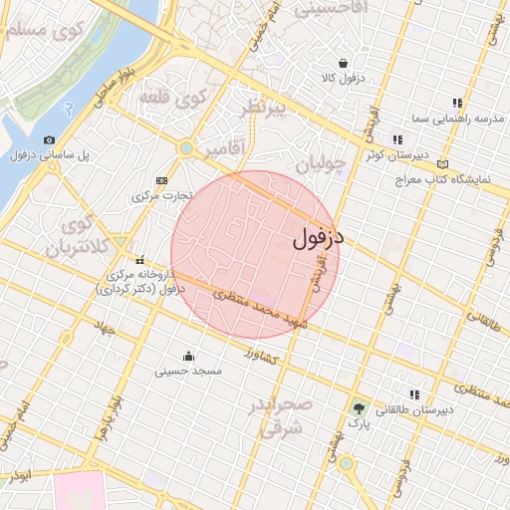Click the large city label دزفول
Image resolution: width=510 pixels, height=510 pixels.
coord(319,238)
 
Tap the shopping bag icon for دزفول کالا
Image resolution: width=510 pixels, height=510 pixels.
coord(344,63)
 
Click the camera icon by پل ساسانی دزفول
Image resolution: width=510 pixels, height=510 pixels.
coord(50,140)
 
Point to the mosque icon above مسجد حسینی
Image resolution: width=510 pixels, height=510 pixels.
coord(188,356)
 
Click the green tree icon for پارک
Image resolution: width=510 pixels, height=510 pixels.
coord(359,407)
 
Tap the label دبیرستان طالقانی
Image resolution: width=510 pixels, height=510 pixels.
coord(415,409)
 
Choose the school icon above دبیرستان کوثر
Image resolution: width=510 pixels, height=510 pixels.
coord(397,140)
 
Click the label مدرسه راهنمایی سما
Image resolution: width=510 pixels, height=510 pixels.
coord(457,119)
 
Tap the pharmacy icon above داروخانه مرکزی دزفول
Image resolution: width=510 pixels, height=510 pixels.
coord(139,259)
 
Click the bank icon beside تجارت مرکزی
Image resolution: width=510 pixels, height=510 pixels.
coord(162,180)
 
